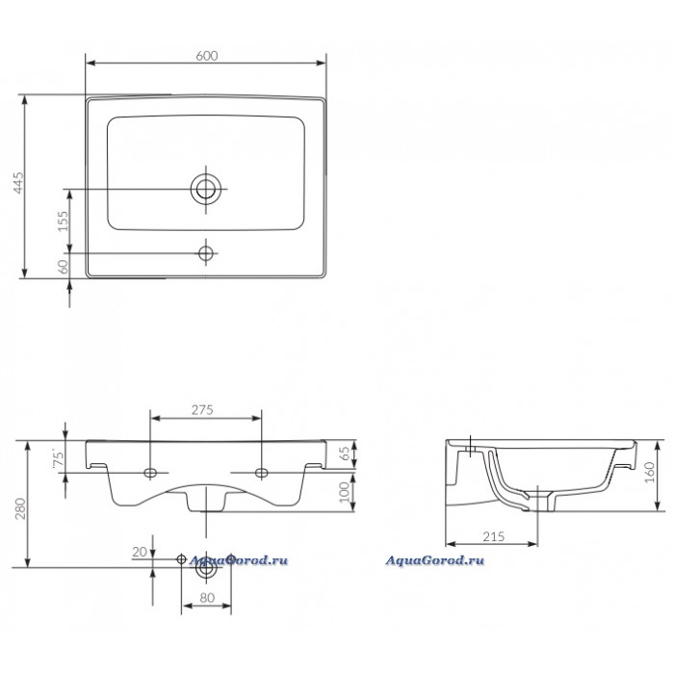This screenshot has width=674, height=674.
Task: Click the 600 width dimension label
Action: coord(204,56)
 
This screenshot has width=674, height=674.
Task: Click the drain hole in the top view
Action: coord(204,188)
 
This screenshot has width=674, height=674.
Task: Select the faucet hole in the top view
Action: coord(204,253)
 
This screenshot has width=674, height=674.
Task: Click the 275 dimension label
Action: coord(205,409)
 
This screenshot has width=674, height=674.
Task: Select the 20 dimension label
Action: coord(141,553)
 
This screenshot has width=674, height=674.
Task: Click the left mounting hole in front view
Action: coord(150,473)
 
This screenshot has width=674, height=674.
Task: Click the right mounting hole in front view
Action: coord(261,473)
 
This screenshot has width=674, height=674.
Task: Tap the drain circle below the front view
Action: coord(205,566)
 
